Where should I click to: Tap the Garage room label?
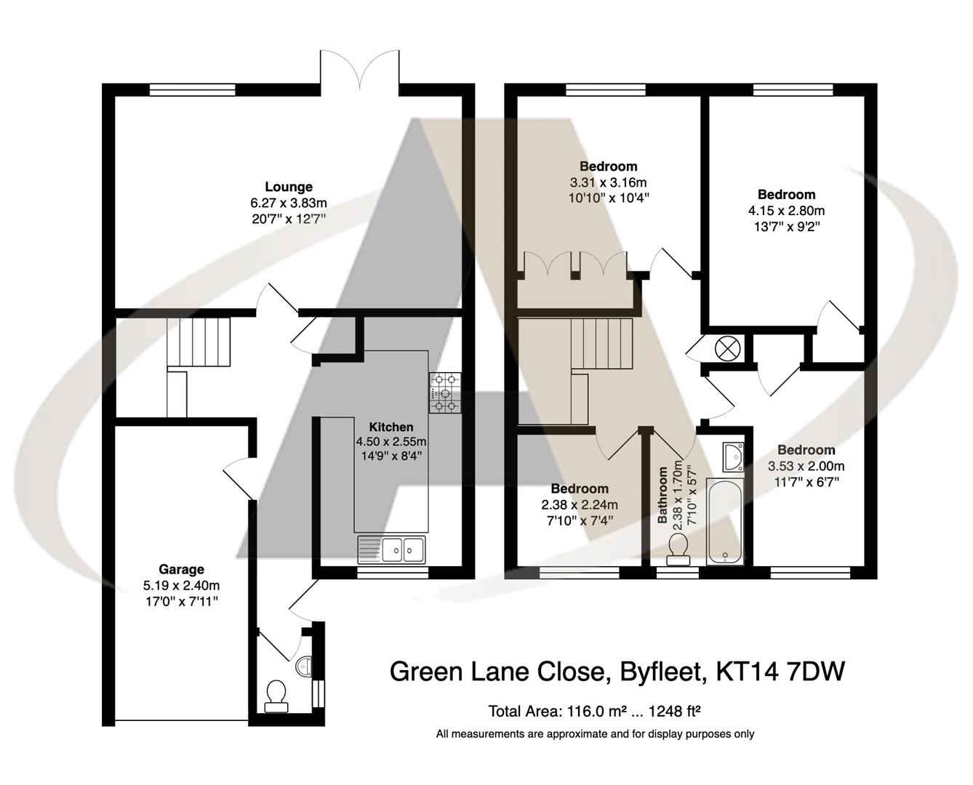pyautogui.click(x=182, y=569)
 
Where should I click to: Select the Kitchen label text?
pyautogui.click(x=391, y=427)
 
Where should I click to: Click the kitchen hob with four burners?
pyautogui.click(x=445, y=392)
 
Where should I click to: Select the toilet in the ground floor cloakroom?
pyautogui.click(x=276, y=696)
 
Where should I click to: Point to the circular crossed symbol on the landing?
pyautogui.click(x=726, y=348)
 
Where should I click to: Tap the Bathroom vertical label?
pyautogui.click(x=663, y=495)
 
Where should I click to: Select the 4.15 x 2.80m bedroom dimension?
pyautogui.click(x=786, y=211)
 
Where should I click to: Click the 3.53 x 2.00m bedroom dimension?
pyautogui.click(x=806, y=466)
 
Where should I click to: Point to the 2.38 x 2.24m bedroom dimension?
pyautogui.click(x=580, y=505)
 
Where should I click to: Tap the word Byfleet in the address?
pyautogui.click(x=662, y=671)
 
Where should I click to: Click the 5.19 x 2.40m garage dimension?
pyautogui.click(x=182, y=585)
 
